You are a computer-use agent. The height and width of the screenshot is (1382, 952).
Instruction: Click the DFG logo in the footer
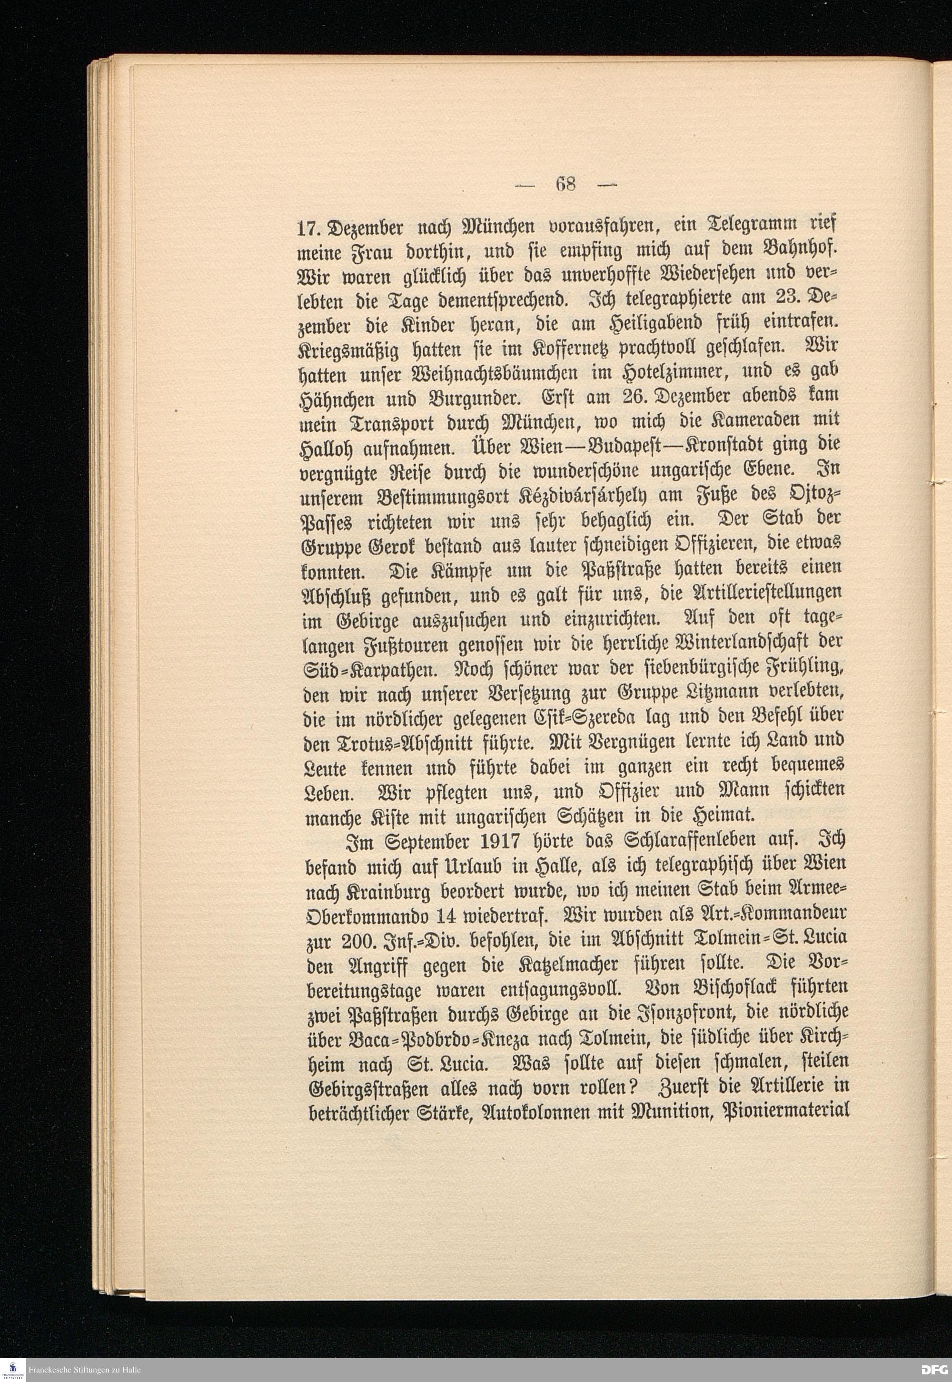point(933,1370)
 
